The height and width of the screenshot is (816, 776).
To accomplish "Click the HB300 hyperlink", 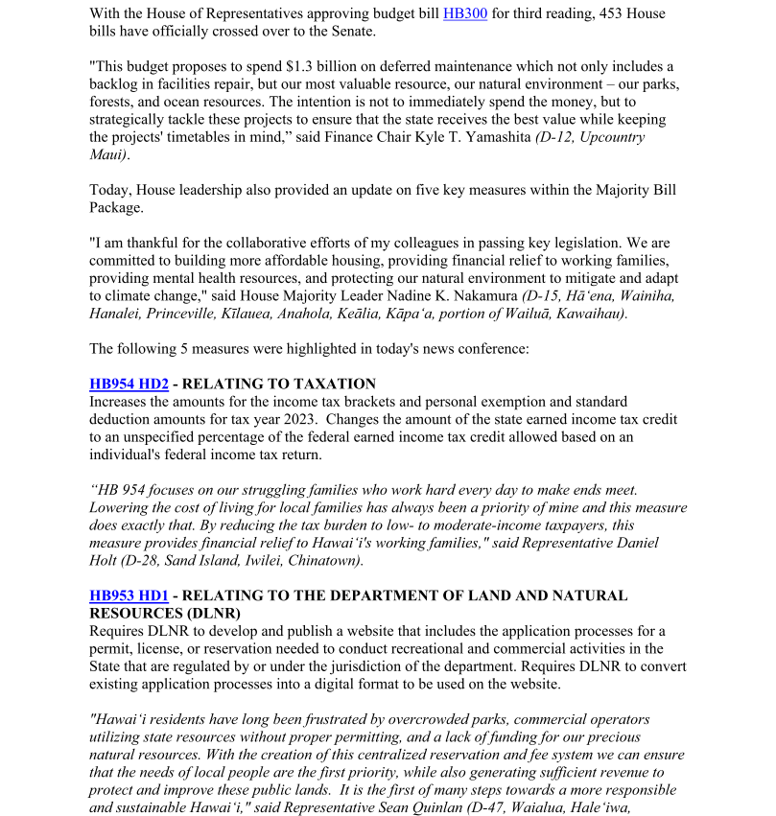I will [465, 14].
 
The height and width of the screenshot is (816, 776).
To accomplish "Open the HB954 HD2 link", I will [129, 385].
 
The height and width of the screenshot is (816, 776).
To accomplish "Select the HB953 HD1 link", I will [129, 595].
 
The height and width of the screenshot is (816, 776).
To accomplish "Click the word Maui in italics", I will [107, 154].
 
